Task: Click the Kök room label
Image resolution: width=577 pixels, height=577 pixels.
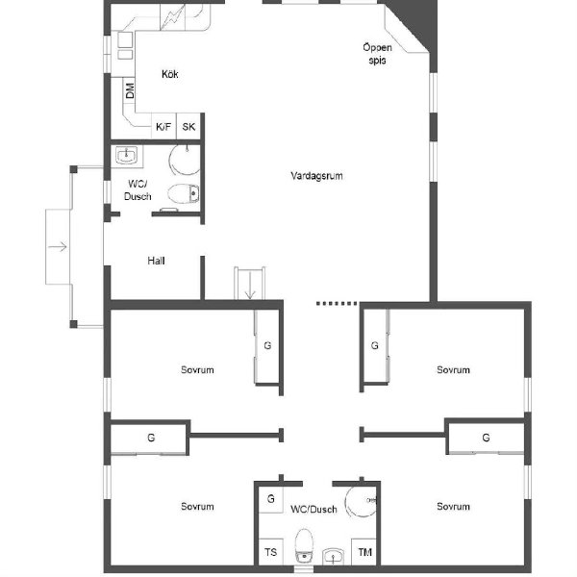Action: pos(170,74)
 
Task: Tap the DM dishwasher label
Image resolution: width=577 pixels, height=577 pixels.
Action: pos(130,90)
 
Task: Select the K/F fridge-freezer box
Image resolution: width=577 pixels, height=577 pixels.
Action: pos(163,126)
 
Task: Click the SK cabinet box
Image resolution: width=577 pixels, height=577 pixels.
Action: pos(188,126)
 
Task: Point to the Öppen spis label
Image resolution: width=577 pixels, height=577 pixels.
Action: pos(377,54)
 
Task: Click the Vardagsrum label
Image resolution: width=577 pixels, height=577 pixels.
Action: pos(316,176)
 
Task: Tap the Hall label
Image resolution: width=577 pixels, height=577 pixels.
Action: pos(156,261)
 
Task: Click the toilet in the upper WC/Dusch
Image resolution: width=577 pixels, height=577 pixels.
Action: pos(184,193)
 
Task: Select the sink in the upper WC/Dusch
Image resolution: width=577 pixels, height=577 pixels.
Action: pos(126,155)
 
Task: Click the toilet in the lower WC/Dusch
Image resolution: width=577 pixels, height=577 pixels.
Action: pos(304,545)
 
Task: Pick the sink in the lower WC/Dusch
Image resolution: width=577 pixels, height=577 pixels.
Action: pos(334,557)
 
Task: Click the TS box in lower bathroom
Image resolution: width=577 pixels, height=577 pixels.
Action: pos(271,552)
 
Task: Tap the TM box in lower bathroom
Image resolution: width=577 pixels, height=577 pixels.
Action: pos(364,552)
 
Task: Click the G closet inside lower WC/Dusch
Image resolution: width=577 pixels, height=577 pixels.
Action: pos(271,499)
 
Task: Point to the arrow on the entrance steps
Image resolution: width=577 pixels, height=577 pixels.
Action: pos(58,246)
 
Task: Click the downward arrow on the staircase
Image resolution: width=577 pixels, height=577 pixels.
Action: pos(250,286)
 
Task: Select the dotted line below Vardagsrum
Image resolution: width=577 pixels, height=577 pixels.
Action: pos(337,304)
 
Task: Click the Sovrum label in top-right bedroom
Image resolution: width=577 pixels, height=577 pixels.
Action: pos(453,370)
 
